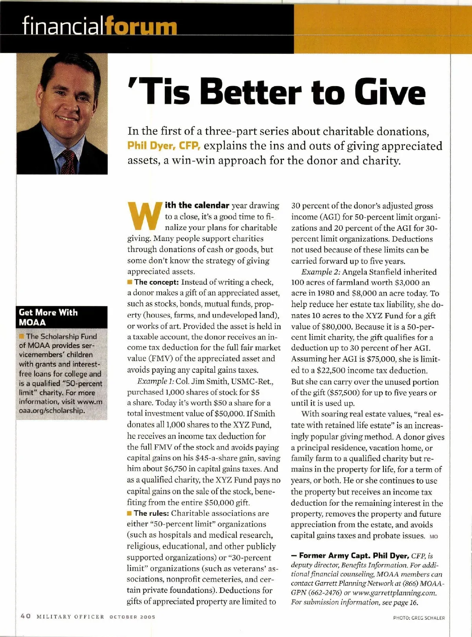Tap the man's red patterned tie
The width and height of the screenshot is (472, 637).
(68, 161)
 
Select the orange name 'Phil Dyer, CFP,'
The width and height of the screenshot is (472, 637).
(164, 146)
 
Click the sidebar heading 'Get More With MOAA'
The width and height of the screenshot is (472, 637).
(48, 317)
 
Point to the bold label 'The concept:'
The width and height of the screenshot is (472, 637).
(157, 282)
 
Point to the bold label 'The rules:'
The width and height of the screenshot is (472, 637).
(151, 513)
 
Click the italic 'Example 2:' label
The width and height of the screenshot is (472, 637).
(320, 272)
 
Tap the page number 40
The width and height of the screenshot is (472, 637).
(26, 616)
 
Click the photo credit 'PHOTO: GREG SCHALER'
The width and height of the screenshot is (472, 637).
(419, 618)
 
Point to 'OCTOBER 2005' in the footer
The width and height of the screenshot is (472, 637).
(132, 617)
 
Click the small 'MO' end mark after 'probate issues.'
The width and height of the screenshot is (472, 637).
(433, 536)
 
